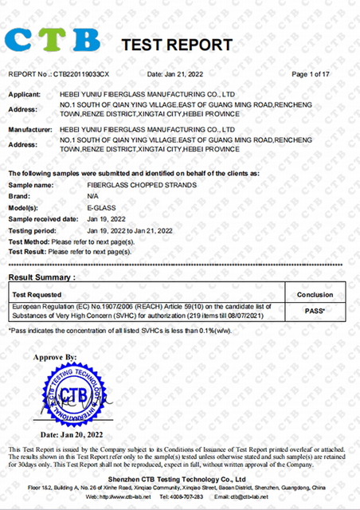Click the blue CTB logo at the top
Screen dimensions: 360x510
[53, 37]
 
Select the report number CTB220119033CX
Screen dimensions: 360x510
[82, 74]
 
